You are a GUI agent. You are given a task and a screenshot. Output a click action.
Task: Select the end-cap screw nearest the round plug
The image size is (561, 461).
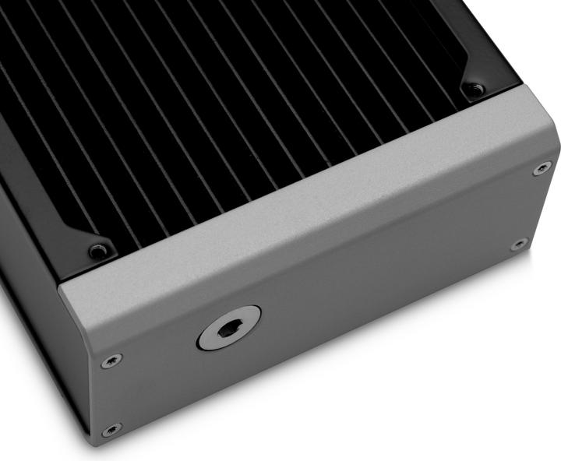(x=111, y=361)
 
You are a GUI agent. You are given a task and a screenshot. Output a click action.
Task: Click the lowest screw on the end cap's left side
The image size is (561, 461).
(x=111, y=429)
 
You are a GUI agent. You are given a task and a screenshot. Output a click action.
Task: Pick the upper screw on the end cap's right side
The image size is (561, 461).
(x=542, y=168)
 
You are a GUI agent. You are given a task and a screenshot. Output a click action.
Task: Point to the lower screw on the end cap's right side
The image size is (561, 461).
(x=519, y=245)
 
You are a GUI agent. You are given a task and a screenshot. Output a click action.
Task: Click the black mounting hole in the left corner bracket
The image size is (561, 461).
(x=97, y=252)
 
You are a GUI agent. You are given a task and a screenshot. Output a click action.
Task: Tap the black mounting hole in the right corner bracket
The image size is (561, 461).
(x=474, y=91)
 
